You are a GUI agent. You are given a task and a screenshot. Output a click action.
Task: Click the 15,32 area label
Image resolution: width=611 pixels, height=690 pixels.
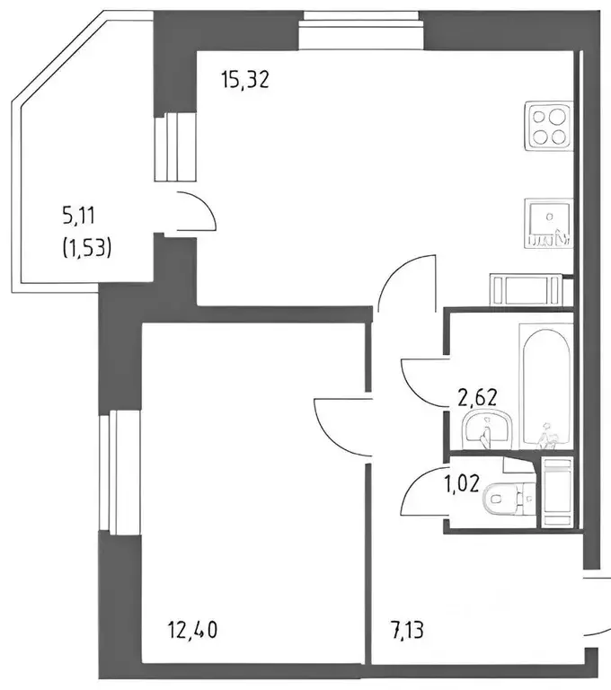click(245, 81)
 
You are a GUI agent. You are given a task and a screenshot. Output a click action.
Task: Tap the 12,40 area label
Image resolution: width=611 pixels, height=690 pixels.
click(192, 630)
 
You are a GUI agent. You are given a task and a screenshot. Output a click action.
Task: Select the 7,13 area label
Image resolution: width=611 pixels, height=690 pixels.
click(406, 630)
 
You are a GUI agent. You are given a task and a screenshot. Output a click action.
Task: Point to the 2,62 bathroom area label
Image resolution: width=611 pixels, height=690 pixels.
click(477, 397)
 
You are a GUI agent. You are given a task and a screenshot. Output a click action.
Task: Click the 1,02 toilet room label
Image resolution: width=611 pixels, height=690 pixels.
click(461, 484)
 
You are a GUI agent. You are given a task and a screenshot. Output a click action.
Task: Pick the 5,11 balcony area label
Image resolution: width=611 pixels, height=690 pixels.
click(79, 217)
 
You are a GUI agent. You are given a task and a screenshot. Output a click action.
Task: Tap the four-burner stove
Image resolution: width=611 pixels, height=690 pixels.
click(548, 126)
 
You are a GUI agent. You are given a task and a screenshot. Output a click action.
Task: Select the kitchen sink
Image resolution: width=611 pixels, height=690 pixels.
click(548, 222)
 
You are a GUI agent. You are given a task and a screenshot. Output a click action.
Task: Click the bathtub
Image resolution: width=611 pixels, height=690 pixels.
click(545, 386)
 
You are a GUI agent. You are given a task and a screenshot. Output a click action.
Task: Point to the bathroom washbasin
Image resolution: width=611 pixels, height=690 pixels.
click(488, 430)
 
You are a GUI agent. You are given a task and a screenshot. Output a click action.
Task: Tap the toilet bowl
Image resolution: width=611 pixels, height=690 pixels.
click(509, 500)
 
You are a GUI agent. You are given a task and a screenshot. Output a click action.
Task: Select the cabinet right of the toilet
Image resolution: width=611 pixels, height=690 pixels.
click(557, 492)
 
